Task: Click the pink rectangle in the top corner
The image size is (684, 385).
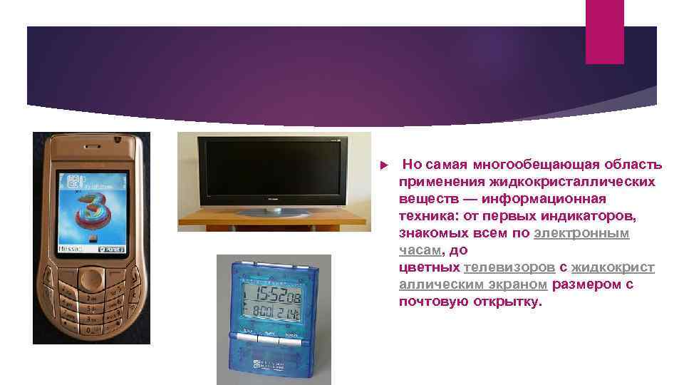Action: (x=604, y=31)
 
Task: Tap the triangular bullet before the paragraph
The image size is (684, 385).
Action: (x=383, y=165)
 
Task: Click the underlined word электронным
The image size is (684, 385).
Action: (x=581, y=233)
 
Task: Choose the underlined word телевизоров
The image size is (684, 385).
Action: (x=509, y=267)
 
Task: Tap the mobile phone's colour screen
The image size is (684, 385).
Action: (x=91, y=212)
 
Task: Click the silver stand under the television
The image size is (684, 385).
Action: (x=272, y=211)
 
